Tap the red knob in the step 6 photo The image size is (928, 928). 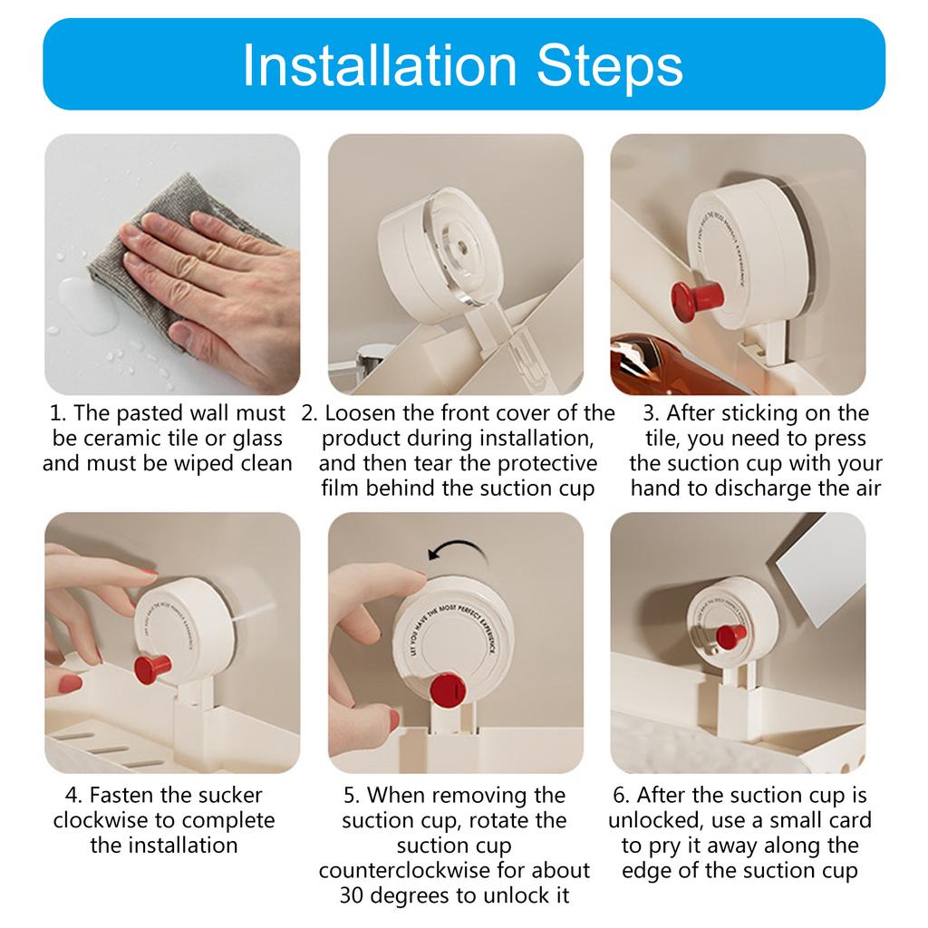click(x=730, y=636)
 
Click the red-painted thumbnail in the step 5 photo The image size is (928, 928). click(x=391, y=720)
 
